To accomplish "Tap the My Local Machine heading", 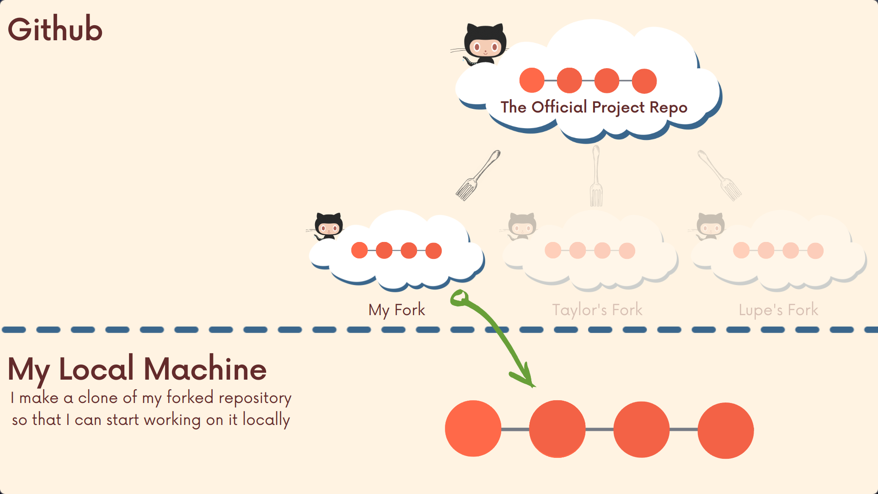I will coord(137,369).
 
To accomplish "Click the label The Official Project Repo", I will coord(594,107).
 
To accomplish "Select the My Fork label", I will coord(396,310).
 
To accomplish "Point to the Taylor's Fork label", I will coord(597,310).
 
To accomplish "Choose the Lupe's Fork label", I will coord(778,310).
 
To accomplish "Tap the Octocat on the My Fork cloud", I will coord(328,226).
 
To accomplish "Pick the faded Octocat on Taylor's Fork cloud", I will coord(522,226).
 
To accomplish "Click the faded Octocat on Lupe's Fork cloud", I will coord(710,226).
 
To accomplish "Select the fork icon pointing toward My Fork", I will coord(477,176).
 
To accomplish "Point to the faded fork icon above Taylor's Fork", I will coord(596,176).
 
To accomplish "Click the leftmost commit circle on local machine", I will coord(473,429).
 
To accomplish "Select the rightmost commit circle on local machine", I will coord(725,430).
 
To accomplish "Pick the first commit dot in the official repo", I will coord(532,81).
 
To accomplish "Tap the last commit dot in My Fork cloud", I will coord(433,251).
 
